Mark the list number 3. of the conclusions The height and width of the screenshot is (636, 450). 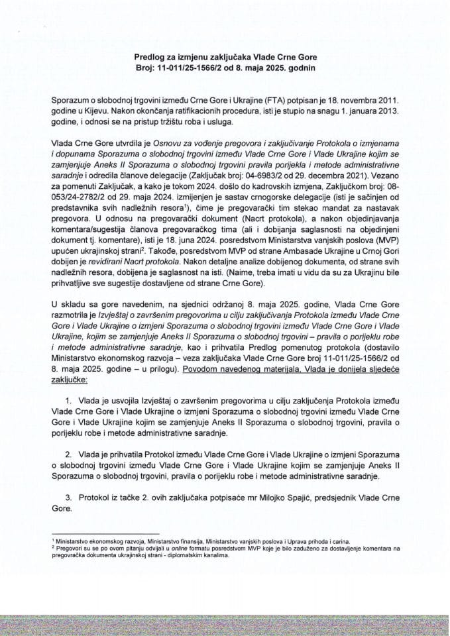tap(72, 497)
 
